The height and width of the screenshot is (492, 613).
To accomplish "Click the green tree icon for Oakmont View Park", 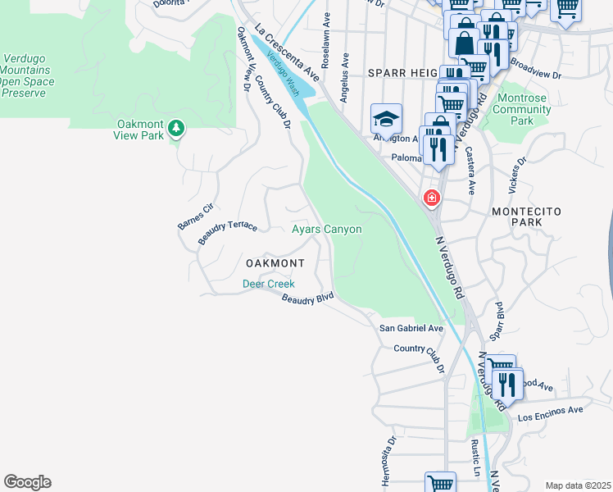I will point(176,128).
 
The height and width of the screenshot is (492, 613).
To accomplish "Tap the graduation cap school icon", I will point(386,119).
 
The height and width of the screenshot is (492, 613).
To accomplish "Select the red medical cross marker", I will point(431,198).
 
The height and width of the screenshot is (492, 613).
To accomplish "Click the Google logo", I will point(27,482).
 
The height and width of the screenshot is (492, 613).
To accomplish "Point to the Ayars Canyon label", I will point(327,230).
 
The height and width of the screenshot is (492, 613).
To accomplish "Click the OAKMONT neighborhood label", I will point(275,263).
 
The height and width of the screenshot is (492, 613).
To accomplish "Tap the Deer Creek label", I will point(268,284).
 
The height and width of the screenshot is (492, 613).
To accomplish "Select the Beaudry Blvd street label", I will point(308,299).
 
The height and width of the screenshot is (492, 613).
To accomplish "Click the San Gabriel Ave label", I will point(411,328).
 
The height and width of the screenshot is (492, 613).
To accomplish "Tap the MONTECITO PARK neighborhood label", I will point(527,216).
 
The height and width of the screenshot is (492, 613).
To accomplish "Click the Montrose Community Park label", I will point(522,109).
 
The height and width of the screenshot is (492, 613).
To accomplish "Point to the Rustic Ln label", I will point(475,458).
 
